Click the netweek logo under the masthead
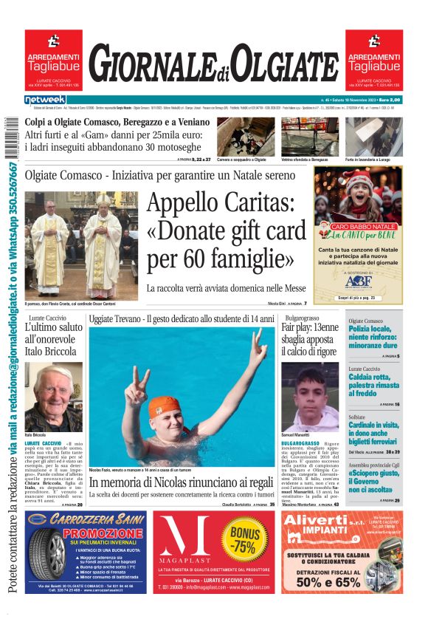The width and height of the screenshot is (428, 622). [45, 100]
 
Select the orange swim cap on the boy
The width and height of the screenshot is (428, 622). [164, 406]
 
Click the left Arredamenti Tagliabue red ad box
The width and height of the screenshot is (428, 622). [53, 59]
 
